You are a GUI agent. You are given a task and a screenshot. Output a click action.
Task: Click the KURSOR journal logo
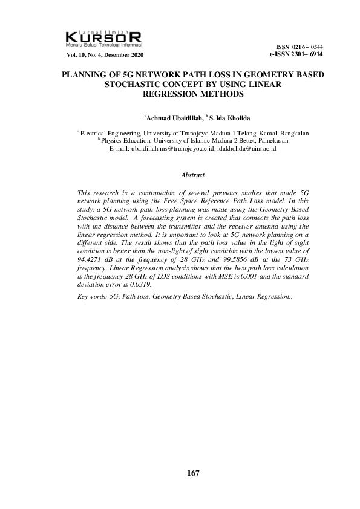tap(103, 38)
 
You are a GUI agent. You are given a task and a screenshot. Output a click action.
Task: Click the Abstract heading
tap(193, 175)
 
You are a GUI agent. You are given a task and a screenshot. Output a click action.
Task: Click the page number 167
tap(193, 473)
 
